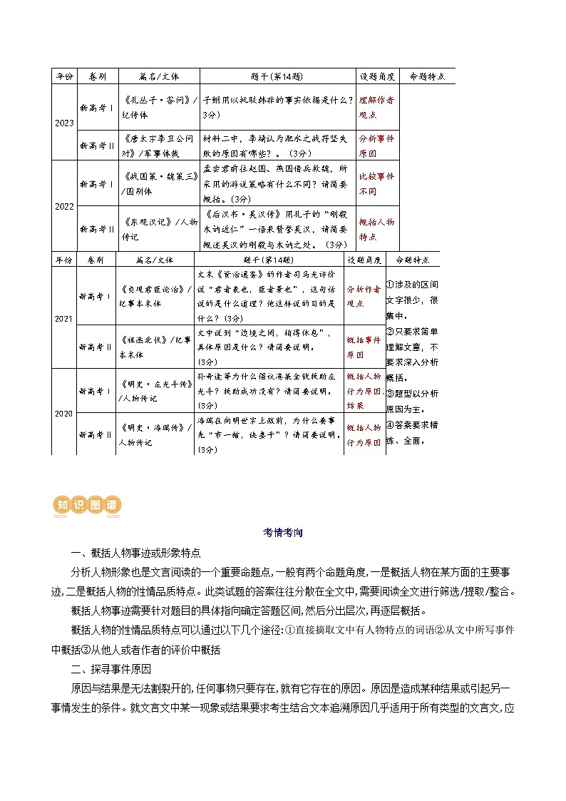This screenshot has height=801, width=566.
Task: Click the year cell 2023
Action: pos(63,123)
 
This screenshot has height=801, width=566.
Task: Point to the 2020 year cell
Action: pos(63,412)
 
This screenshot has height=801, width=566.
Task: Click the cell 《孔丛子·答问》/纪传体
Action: pos(158,106)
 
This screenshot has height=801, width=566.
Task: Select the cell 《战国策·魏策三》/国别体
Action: pos(158,183)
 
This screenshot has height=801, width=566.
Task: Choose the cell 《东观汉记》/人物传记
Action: pos(158,229)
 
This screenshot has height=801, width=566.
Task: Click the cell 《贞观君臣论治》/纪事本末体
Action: pos(154,296)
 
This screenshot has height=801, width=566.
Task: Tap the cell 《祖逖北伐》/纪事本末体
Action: pos(154,346)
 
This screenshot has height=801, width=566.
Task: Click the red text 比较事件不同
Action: pos(376,183)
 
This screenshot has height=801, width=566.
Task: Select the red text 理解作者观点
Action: pos(376,106)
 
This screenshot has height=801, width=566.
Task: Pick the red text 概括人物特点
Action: pos(376,229)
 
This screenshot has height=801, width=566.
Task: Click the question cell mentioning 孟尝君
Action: pos(277,183)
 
